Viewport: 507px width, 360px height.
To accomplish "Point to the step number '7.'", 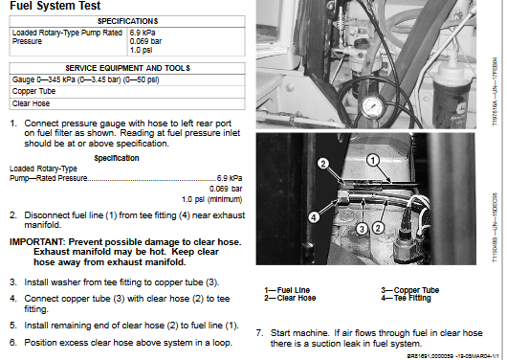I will point(259,332).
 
